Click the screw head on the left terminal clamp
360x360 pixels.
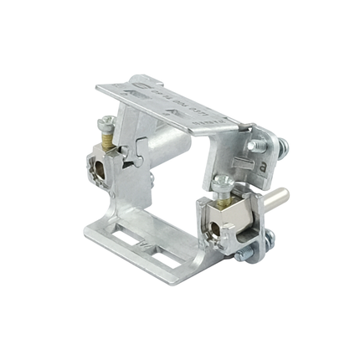pyautogui.click(x=105, y=124)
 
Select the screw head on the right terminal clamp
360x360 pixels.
pyautogui.click(x=219, y=181)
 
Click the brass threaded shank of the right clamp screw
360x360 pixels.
pyautogui.click(x=224, y=197)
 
